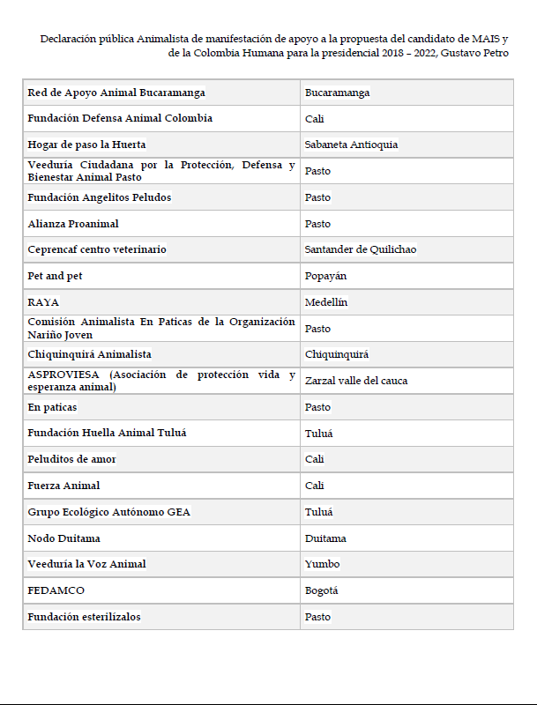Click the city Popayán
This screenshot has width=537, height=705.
click(325, 276)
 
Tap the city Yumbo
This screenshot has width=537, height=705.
click(322, 564)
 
